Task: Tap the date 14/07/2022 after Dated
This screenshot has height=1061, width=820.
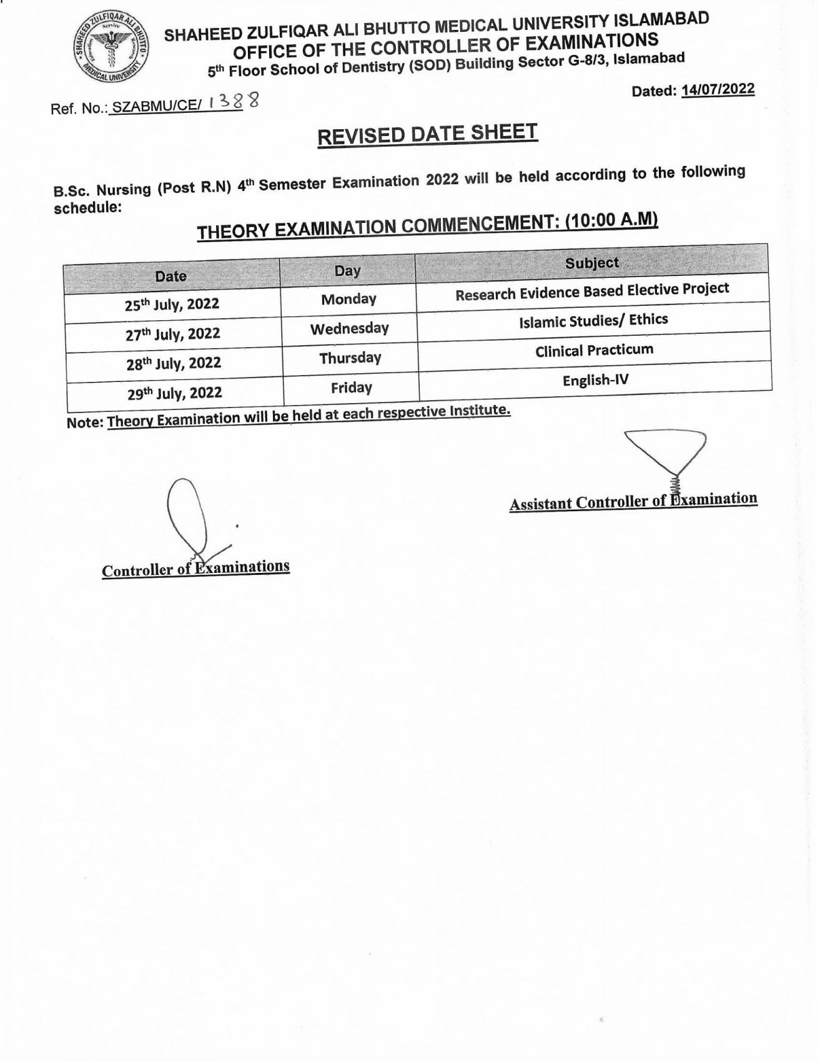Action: coord(718,89)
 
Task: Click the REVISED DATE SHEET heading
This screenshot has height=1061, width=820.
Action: coord(427,134)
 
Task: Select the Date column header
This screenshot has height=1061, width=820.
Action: coord(171,276)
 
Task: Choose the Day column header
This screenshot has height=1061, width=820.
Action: coord(347,270)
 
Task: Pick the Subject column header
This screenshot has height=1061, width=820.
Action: coord(591,263)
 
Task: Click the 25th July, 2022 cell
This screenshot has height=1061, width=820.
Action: coord(172,305)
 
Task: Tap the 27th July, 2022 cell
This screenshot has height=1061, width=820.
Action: coord(173,334)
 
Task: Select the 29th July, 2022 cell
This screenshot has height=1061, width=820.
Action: coord(175,393)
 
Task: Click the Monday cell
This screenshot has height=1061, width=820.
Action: coord(348,299)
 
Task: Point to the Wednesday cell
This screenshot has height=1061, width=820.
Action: coord(350,328)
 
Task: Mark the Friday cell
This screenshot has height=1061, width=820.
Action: coord(352,388)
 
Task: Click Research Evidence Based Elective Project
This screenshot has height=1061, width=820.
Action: coord(592,291)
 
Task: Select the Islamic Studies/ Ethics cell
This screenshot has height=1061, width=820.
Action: coord(593,321)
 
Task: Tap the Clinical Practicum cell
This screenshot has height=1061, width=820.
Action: coord(594,350)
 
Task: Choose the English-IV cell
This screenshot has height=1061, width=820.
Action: coord(595,379)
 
